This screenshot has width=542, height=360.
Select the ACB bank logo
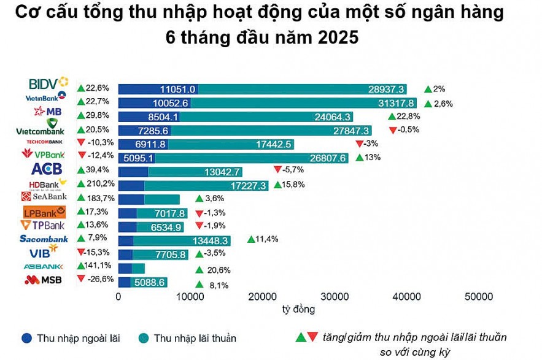45,169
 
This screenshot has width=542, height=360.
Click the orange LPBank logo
44,212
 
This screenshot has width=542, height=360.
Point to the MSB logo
44,280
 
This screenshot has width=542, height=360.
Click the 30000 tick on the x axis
335,297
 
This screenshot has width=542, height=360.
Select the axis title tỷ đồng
298,308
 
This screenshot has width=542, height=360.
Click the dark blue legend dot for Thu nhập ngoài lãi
27,338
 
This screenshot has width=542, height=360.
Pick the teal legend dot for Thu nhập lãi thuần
144,338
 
